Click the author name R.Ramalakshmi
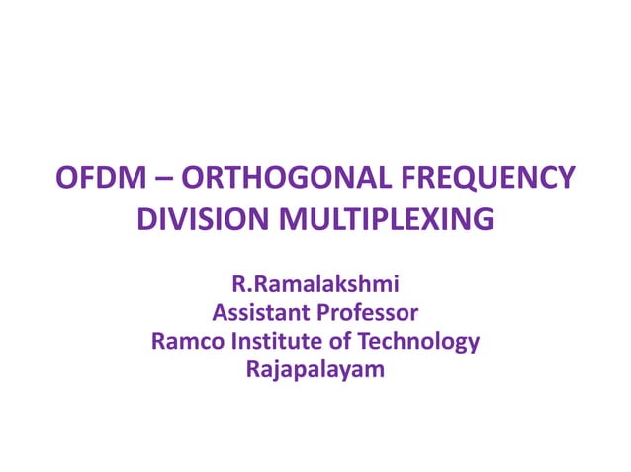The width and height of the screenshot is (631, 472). (315, 287)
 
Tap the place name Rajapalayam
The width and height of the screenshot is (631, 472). (315, 370)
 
